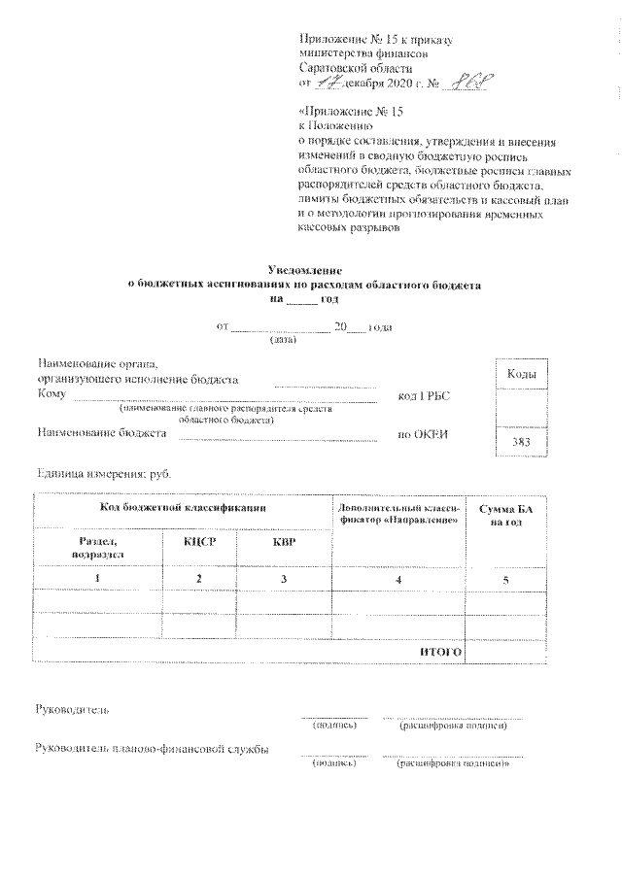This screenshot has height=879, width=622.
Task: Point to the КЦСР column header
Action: (198, 540)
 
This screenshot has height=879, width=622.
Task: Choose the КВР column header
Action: (284, 540)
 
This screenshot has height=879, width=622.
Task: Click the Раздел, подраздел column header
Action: (97, 546)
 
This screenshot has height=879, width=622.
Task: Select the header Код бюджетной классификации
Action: (183, 508)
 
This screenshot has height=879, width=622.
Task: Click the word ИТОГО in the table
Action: (439, 650)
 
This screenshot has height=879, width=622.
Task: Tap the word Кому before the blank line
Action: (51, 393)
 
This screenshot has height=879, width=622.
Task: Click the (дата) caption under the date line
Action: (282, 340)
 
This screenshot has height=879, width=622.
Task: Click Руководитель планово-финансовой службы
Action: (151, 749)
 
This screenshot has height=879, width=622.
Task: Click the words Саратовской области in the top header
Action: (356, 68)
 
